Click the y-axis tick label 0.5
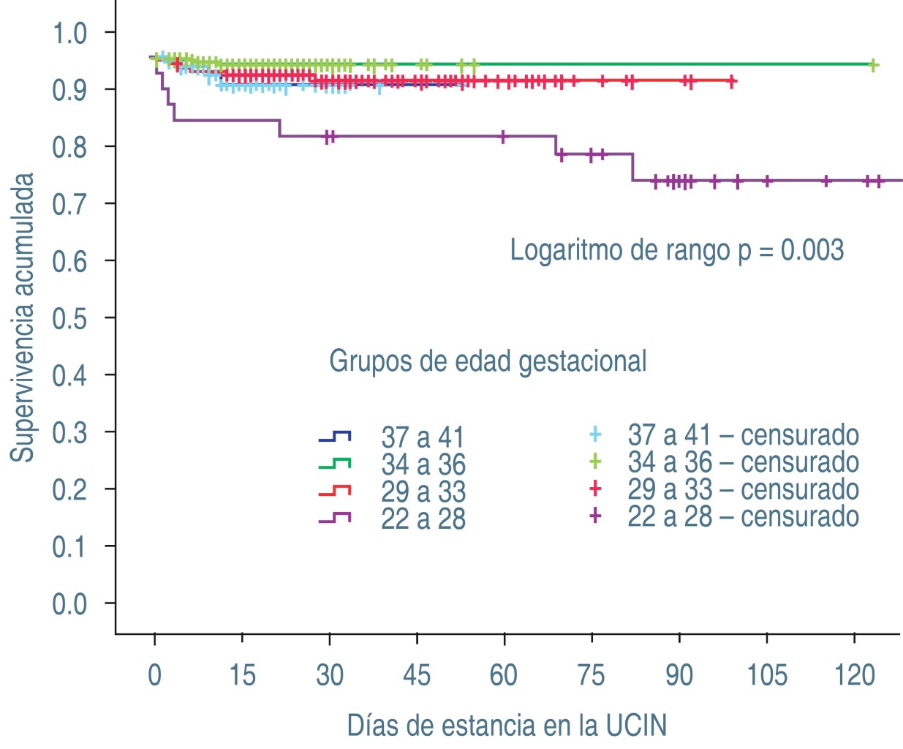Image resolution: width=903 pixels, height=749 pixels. point(69,318)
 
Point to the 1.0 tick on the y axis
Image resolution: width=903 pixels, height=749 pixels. point(69,33)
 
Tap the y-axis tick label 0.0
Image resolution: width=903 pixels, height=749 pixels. point(69,604)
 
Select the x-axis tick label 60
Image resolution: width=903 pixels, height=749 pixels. point(504,675)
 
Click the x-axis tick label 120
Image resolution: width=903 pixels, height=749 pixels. point(854,675)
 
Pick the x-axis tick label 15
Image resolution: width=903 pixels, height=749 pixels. point(242,675)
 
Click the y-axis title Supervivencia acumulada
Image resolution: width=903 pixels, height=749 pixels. point(23,317)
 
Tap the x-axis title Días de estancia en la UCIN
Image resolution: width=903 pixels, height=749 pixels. point(507,726)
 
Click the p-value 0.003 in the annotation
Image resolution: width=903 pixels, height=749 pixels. point(812,250)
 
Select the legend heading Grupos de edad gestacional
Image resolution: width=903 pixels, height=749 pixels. point(488,361)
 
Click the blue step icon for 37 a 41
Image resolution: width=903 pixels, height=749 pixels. point(335,437)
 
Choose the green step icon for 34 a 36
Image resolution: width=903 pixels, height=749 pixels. point(335,464)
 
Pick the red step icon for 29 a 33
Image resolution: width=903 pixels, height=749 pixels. point(335,491)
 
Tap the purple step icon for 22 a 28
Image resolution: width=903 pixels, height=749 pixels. point(335,518)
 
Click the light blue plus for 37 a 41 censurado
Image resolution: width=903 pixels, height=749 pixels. point(595,434)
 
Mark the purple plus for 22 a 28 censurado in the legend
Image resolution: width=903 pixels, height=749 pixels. point(595,516)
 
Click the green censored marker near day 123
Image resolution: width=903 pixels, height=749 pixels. point(872,65)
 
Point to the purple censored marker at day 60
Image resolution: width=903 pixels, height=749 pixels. point(503,136)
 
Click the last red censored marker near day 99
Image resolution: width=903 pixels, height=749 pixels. point(731,81)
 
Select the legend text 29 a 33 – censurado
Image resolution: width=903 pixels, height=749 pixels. point(743,489)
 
